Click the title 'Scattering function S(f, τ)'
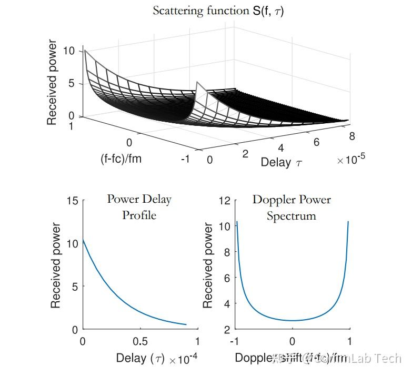coord(218,11)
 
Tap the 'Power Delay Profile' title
coord(139,207)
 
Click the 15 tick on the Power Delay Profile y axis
coord(73,201)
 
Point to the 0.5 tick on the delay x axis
coord(139,341)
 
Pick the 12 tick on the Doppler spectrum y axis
coord(225,201)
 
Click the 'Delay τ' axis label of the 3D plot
coord(282,162)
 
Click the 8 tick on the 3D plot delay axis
coord(351,136)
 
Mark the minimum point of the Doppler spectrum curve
coord(293,321)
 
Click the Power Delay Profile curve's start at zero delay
coord(83,240)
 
